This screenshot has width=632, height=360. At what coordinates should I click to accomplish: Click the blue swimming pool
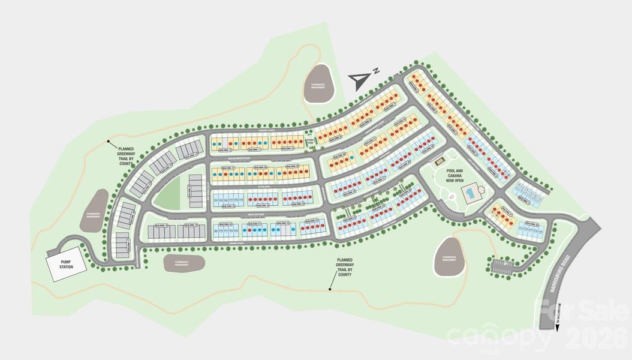click(x=472, y=193)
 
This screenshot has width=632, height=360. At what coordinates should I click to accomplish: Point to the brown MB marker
click(x=440, y=160)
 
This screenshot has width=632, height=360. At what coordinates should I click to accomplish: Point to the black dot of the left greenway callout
click(x=109, y=142)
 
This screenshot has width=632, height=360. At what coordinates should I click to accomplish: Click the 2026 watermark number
click(x=597, y=340)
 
